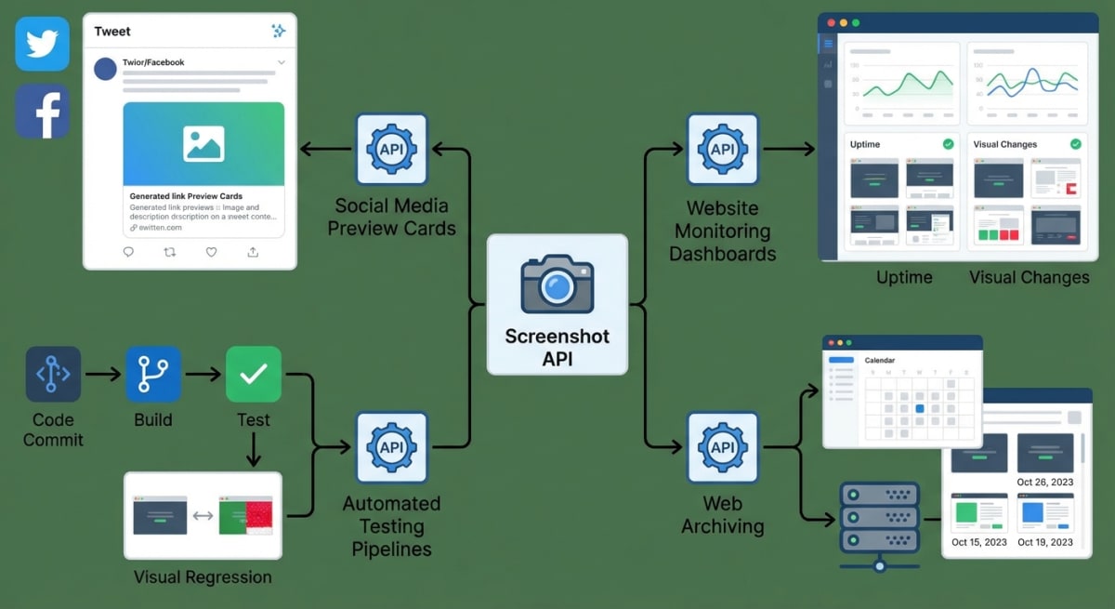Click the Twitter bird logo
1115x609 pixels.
pyautogui.click(x=43, y=44)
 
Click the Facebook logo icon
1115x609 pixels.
pyautogui.click(x=43, y=112)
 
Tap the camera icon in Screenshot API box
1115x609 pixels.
pyautogui.click(x=557, y=284)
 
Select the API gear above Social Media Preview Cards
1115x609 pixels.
pyautogui.click(x=391, y=149)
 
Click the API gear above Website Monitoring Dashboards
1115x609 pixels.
pyautogui.click(x=722, y=149)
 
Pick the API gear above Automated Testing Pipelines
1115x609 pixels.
pyautogui.click(x=391, y=447)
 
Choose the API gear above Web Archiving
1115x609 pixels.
pyautogui.click(x=722, y=447)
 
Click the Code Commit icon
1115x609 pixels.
pyautogui.click(x=53, y=374)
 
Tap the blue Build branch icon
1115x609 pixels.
pyautogui.click(x=153, y=374)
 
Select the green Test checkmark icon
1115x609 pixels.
pyautogui.click(x=253, y=374)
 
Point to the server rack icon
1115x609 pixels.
pyautogui.click(x=879, y=521)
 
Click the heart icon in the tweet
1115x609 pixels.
pyautogui.click(x=211, y=252)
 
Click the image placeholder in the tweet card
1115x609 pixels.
pyautogui.click(x=203, y=143)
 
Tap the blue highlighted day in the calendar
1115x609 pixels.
pyautogui.click(x=920, y=408)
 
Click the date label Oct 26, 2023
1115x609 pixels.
pyautogui.click(x=1044, y=482)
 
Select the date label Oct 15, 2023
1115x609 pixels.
pyautogui.click(x=978, y=542)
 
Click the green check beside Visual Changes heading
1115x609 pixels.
pyautogui.click(x=1075, y=144)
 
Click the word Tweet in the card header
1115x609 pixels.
pyautogui.click(x=112, y=32)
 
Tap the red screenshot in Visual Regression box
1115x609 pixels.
pyautogui.click(x=245, y=515)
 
